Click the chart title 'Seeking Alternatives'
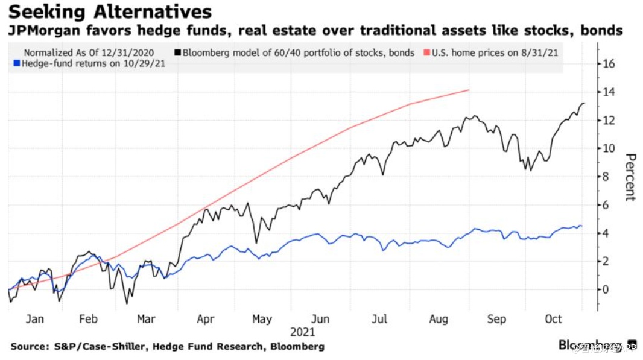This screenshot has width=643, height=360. point(110,11)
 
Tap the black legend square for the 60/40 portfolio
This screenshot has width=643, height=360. point(177,53)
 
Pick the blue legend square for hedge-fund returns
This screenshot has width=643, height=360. point(17,63)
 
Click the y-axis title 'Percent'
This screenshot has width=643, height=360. point(630,177)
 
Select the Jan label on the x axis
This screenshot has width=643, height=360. point(34,319)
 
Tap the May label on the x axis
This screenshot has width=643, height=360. point(262,319)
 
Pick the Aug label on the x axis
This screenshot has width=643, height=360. point(438,319)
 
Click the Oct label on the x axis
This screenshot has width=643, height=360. point(553,319)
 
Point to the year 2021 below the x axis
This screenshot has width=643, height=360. point(302,332)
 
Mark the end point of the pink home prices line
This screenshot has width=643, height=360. point(469,90)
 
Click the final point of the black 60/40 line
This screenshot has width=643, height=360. point(584,103)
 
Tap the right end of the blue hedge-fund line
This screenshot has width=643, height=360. point(582,226)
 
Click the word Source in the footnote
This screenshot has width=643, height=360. point(29,346)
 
